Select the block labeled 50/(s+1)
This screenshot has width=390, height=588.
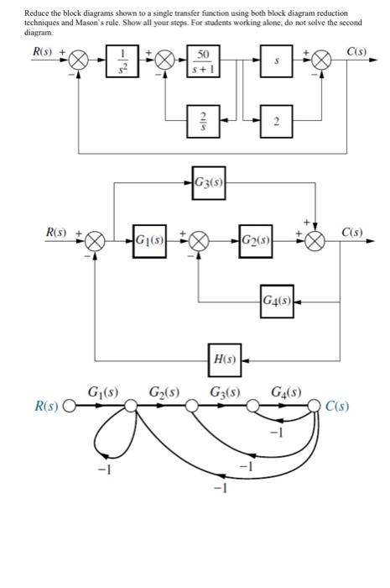point(202,62)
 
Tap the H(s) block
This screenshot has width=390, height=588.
point(224,360)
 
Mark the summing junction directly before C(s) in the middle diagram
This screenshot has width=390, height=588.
point(316,240)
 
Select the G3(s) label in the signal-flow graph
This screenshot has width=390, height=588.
point(224,391)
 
